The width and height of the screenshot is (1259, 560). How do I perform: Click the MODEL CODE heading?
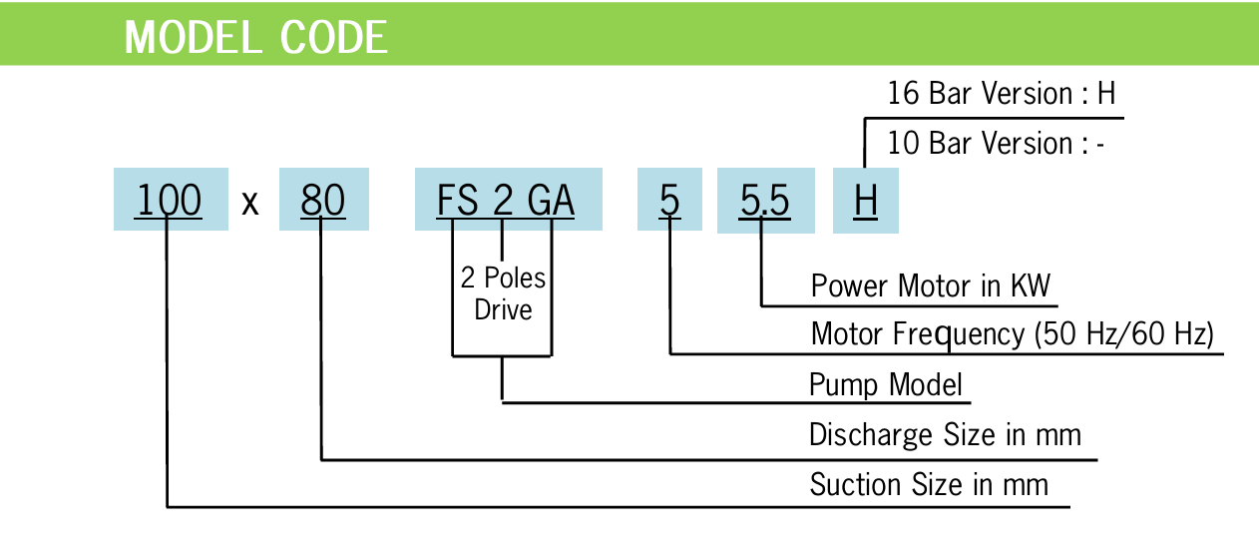coord(255,37)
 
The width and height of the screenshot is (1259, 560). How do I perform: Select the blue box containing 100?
coord(170,201)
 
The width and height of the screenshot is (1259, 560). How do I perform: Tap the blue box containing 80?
coord(323,201)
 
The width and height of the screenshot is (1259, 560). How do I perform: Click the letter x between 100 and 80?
coord(250,204)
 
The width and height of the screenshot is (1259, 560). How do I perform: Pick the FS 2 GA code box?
coord(507,201)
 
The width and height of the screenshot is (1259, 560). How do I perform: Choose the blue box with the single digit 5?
coord(669,201)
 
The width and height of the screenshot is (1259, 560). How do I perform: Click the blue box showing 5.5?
coord(765,201)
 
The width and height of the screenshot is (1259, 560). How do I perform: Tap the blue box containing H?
coord(865,201)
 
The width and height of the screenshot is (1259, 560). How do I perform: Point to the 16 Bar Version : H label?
coord(1001,94)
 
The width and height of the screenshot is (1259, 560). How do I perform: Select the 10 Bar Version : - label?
coord(996,144)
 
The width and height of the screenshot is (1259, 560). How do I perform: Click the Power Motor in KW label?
coord(931,286)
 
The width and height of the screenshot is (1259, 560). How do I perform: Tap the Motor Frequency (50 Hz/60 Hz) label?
coord(1012,334)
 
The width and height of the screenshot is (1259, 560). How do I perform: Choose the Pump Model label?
coord(885,384)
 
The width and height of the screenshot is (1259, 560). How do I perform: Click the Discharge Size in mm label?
coord(945,435)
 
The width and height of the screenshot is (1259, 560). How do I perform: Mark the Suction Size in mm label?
coord(929,485)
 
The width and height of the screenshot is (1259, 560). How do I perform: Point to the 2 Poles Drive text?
coord(503,292)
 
